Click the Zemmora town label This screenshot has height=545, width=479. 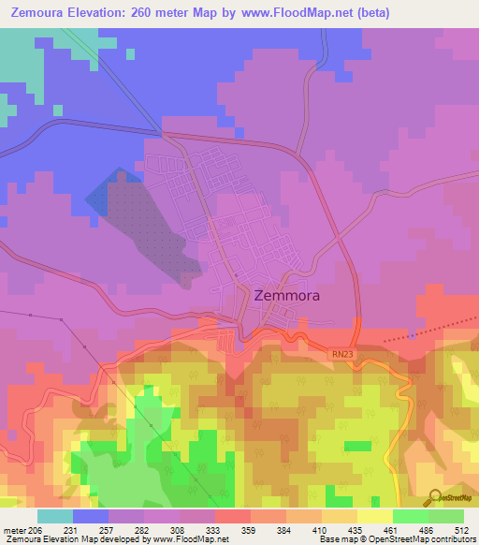pos(286,295)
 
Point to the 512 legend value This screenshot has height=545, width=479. pos(461,529)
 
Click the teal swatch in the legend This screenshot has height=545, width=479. pos(55,516)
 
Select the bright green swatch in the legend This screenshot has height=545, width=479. pos(410,516)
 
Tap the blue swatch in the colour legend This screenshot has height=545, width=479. pos(91,516)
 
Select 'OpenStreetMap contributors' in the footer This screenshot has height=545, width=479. pos(422,539)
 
